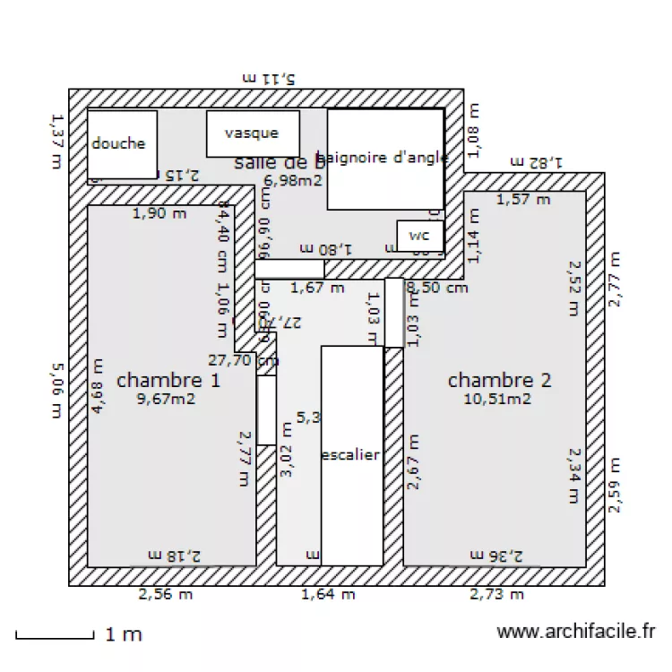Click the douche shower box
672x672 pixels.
point(122,144)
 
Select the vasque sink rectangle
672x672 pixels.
point(252,134)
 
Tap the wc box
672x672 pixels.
point(419,236)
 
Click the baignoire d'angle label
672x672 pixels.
point(383,158)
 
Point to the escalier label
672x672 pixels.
point(350,455)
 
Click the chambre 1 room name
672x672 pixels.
point(168,380)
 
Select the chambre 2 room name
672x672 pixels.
point(499,380)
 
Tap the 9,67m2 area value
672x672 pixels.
point(166,399)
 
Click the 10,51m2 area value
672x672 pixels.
point(497,399)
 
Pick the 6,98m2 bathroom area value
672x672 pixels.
point(292,179)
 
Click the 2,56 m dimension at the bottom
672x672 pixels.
point(165,593)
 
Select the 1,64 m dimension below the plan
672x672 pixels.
point(328,593)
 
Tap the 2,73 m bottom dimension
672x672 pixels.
point(499,593)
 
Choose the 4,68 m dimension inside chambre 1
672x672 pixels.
point(98,385)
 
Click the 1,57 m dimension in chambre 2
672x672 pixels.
point(523,199)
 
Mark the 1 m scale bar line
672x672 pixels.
point(55,637)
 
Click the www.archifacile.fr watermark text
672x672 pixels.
point(576,633)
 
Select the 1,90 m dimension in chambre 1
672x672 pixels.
point(159,213)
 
